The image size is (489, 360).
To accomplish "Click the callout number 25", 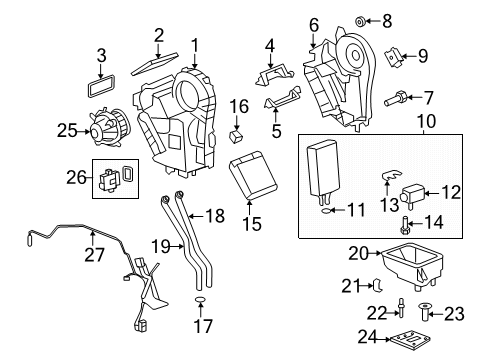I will tap(66, 129).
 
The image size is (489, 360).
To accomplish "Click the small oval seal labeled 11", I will tap(328, 210).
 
